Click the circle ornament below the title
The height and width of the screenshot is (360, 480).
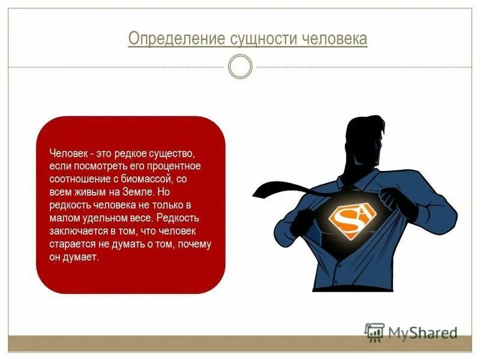pos(241,67)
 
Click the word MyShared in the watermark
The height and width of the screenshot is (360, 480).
pos(422,332)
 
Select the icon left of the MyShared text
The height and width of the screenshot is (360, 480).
pos(374,331)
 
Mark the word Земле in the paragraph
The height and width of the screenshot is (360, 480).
pos(140,192)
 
